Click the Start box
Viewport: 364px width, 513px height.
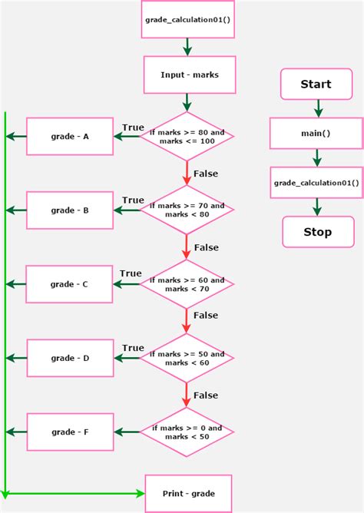pos(316,84)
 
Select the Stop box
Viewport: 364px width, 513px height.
pos(317,232)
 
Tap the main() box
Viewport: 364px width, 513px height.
pos(316,133)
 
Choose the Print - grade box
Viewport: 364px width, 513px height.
pos(188,493)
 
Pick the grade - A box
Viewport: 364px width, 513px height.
pos(70,137)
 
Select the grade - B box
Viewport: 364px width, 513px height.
pos(70,210)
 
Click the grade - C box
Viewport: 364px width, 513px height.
pos(70,284)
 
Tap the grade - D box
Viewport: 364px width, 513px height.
pos(70,358)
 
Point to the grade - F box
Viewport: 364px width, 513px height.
pos(70,432)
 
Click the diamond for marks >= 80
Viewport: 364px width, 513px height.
pos(187,137)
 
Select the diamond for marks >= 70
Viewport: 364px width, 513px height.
pos(187,210)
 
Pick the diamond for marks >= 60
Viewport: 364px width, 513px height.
pos(187,284)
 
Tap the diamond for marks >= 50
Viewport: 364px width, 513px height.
pos(187,358)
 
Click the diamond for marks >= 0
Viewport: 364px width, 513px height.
pos(187,432)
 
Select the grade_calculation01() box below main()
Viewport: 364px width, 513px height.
pos(316,183)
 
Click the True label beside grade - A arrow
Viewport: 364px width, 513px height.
pos(133,127)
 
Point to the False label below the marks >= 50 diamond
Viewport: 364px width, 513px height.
pos(206,395)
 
